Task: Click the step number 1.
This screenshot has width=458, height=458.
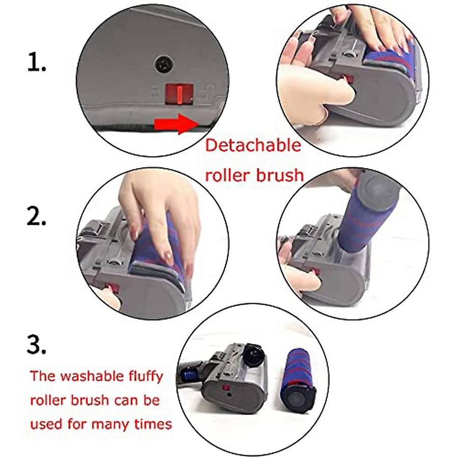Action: click(37, 62)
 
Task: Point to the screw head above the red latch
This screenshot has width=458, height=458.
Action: click(165, 64)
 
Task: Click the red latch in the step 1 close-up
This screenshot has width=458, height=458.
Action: click(179, 94)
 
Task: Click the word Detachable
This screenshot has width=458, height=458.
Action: click(253, 145)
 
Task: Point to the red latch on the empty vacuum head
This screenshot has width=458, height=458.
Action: click(226, 389)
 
